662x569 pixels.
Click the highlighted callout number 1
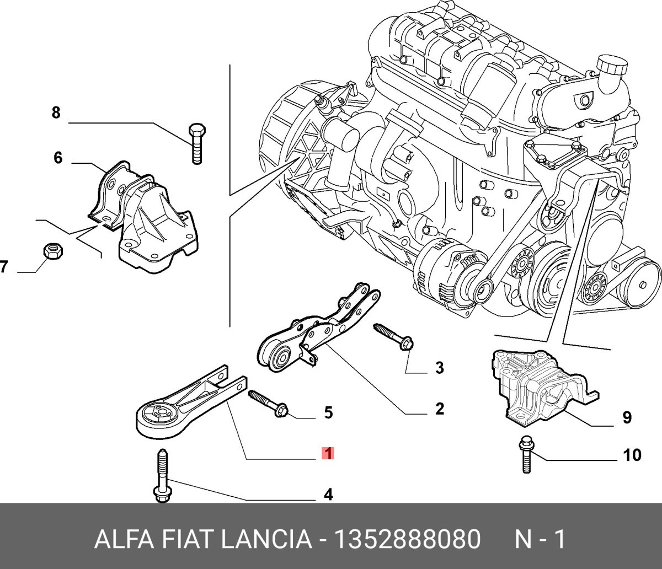[x=328, y=453]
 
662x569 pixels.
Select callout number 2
[x=440, y=409]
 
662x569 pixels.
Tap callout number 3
[x=440, y=368]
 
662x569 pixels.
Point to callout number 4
[x=328, y=495]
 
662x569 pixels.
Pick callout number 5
[x=328, y=412]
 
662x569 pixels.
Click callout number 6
[x=58, y=158]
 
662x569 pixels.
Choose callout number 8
[x=56, y=112]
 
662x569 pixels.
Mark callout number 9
[x=626, y=417]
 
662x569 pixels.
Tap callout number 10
[x=632, y=455]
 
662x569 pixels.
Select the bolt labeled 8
[x=197, y=143]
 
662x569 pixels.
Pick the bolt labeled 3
[x=393, y=337]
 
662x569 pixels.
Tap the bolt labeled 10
[x=526, y=454]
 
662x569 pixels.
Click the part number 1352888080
[x=407, y=539]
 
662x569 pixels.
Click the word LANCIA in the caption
[x=266, y=539]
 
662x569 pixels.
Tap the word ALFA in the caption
[x=124, y=539]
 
